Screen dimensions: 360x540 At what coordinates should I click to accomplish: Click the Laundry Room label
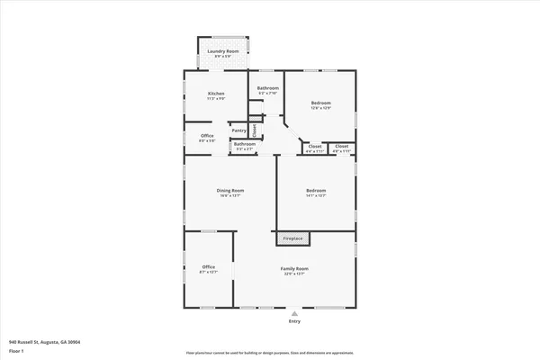point(222,51)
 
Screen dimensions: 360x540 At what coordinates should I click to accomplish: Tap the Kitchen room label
point(216,94)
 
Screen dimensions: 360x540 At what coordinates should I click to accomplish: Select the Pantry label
point(238,130)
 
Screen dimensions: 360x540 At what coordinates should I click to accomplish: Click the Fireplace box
point(293,238)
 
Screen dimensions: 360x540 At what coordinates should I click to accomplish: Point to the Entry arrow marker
point(294,312)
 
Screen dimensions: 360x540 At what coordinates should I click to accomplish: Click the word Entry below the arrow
point(294,321)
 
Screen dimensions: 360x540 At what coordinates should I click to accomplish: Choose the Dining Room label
point(230,190)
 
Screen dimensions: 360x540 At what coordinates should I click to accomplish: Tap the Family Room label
point(294,268)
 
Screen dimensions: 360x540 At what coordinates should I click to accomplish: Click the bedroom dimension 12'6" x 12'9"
point(321,108)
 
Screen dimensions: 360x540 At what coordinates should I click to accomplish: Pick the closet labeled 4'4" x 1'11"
point(315,151)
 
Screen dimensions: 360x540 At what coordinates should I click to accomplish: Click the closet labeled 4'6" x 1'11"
point(342,151)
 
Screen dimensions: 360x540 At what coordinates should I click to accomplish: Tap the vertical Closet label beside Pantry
point(255,130)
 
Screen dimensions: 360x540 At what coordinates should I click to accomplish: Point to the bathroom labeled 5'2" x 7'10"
point(268,93)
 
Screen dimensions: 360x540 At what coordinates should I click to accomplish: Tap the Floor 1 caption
point(17,351)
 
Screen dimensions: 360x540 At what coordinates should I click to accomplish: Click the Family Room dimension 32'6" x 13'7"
point(294,274)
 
